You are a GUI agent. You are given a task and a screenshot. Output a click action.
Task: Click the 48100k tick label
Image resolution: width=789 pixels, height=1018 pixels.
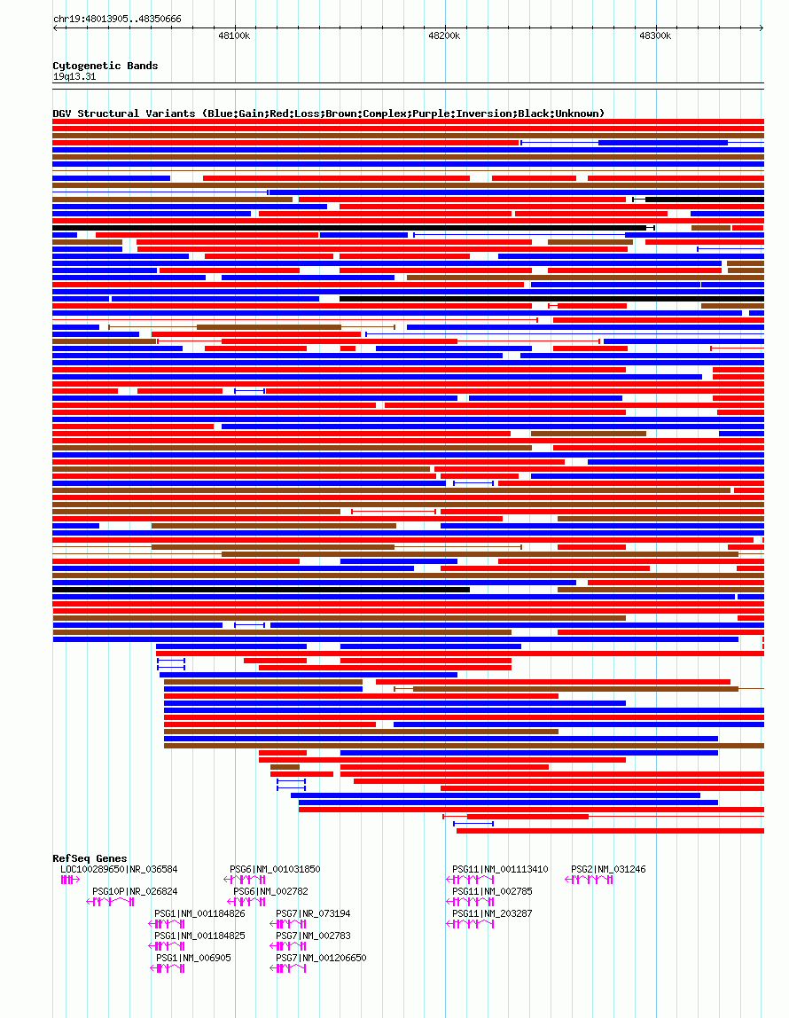pyautogui.click(x=234, y=36)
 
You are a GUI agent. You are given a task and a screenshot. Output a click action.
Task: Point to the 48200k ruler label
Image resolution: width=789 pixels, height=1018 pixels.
pyautogui.click(x=444, y=36)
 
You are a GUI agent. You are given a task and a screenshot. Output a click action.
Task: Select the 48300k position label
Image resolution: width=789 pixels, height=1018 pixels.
pyautogui.click(x=655, y=36)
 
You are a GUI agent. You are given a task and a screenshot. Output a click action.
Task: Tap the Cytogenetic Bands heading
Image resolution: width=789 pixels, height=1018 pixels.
pyautogui.click(x=105, y=66)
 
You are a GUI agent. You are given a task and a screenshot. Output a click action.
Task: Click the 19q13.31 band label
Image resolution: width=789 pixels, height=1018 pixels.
pyautogui.click(x=74, y=76)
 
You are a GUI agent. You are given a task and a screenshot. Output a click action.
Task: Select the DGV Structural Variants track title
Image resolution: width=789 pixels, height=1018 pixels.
pyautogui.click(x=328, y=114)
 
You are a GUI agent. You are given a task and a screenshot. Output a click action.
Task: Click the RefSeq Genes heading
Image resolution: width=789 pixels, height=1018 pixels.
pyautogui.click(x=90, y=858)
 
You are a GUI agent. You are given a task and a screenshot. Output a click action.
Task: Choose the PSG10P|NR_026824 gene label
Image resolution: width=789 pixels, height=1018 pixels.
pyautogui.click(x=135, y=891)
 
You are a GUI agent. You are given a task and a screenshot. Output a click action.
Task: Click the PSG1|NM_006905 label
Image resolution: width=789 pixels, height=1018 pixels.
pyautogui.click(x=193, y=958)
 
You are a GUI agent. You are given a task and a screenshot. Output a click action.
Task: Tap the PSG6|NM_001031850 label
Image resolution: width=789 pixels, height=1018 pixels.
pyautogui.click(x=275, y=869)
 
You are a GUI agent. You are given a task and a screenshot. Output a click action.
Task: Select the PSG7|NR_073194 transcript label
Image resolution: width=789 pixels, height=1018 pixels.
pyautogui.click(x=313, y=913)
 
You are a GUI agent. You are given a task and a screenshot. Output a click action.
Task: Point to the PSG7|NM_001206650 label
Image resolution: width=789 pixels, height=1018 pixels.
pyautogui.click(x=321, y=958)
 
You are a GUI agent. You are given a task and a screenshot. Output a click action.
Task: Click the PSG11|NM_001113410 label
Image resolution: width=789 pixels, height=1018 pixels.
pyautogui.click(x=500, y=869)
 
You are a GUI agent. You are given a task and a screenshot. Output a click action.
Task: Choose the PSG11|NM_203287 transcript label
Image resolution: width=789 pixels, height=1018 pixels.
pyautogui.click(x=492, y=913)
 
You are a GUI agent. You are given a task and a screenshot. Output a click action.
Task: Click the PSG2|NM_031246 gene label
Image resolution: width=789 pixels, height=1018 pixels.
pyautogui.click(x=608, y=869)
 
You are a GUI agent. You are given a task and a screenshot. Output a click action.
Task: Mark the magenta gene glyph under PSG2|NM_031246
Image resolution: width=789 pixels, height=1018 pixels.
pyautogui.click(x=590, y=880)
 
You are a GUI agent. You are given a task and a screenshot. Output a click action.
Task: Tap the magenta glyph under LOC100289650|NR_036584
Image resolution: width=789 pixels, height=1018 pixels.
pyautogui.click(x=69, y=880)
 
